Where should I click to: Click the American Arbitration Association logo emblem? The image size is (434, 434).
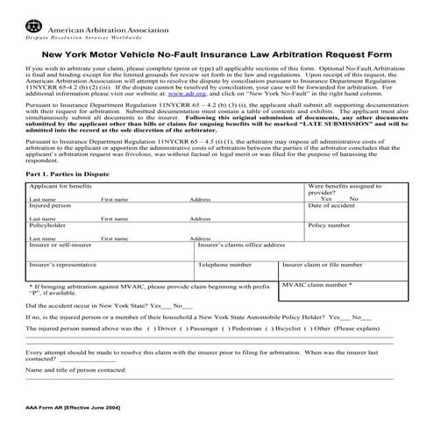click(34, 14)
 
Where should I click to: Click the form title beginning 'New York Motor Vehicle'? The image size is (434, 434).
click(216, 53)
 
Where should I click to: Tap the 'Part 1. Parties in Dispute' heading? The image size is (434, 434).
click(75, 199)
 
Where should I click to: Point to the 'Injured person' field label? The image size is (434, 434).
click(51, 230)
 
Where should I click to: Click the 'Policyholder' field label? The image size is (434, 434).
click(48, 249)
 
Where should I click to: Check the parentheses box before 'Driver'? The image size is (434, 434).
click(151, 352)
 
